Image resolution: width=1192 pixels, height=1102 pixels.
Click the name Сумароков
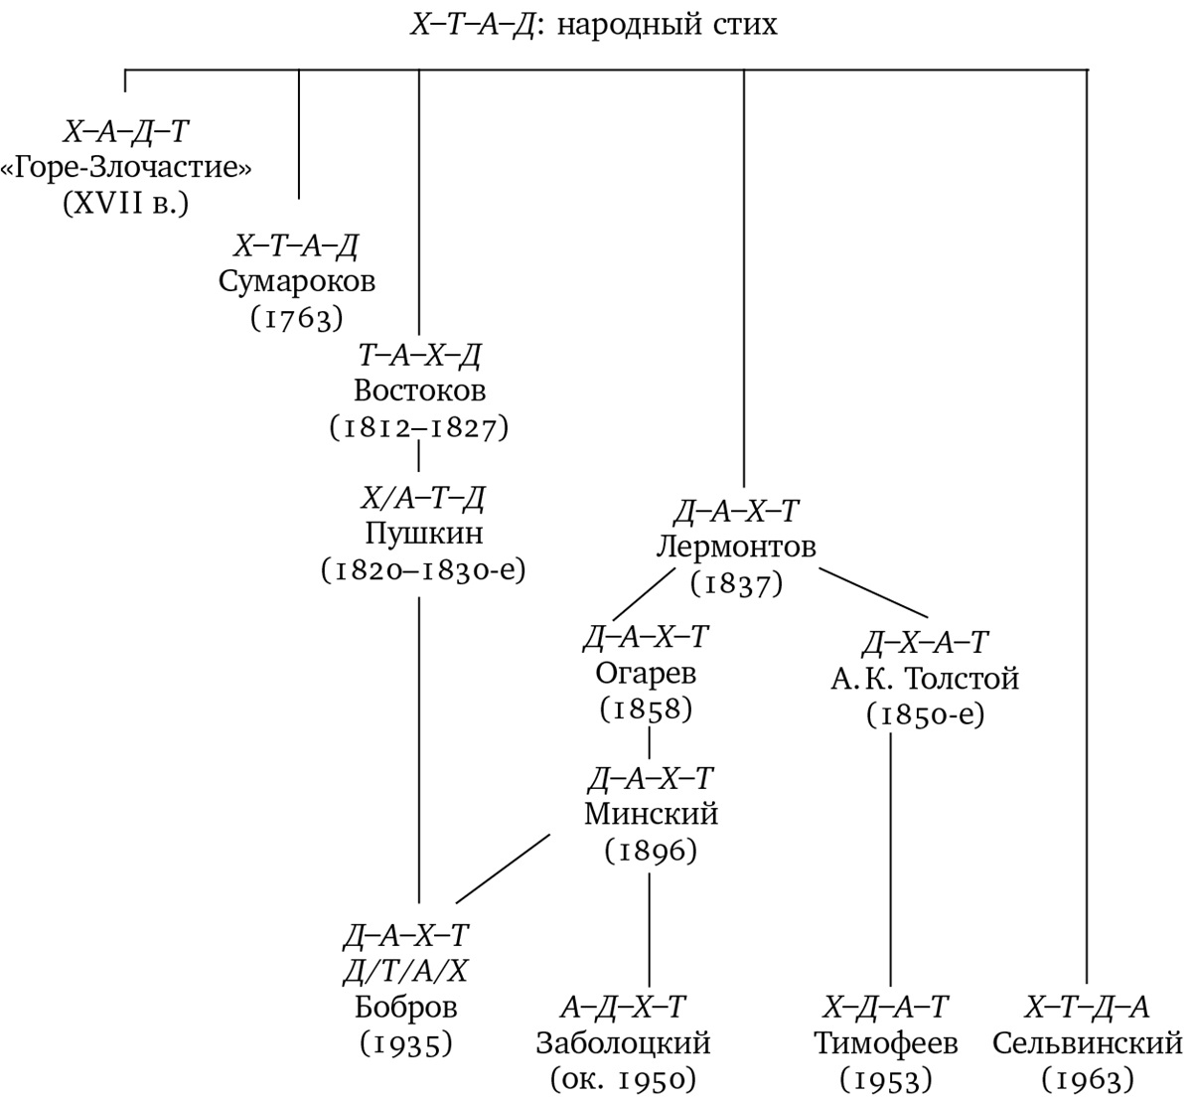[x=296, y=281]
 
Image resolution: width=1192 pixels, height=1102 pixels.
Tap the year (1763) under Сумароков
[x=296, y=318]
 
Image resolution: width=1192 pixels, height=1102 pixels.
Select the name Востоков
[x=419, y=391]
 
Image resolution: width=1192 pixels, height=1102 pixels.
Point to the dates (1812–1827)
[x=419, y=427]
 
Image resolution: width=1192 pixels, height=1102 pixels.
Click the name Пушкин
[x=424, y=534]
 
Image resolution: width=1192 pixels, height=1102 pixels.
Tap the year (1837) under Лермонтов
[x=736, y=583]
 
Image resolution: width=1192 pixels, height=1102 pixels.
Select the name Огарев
[x=646, y=673]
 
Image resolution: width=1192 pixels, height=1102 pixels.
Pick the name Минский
[x=652, y=815]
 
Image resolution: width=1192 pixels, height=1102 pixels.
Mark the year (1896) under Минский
[x=651, y=851]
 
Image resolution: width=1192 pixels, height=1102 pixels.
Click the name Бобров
[x=405, y=1008]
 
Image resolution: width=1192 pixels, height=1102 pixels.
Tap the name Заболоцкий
[x=623, y=1043]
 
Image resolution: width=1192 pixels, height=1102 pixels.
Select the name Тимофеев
[x=886, y=1043]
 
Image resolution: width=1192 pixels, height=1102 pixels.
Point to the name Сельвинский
[x=1087, y=1043]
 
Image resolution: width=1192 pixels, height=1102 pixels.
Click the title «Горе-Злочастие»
[x=126, y=168]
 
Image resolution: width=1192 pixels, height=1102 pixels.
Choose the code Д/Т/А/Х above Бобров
[x=404, y=971]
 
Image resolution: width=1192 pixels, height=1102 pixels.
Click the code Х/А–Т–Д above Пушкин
[x=423, y=497]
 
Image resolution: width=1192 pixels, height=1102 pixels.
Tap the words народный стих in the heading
[x=667, y=25]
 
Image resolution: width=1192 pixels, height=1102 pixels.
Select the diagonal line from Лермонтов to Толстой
[x=874, y=593]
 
